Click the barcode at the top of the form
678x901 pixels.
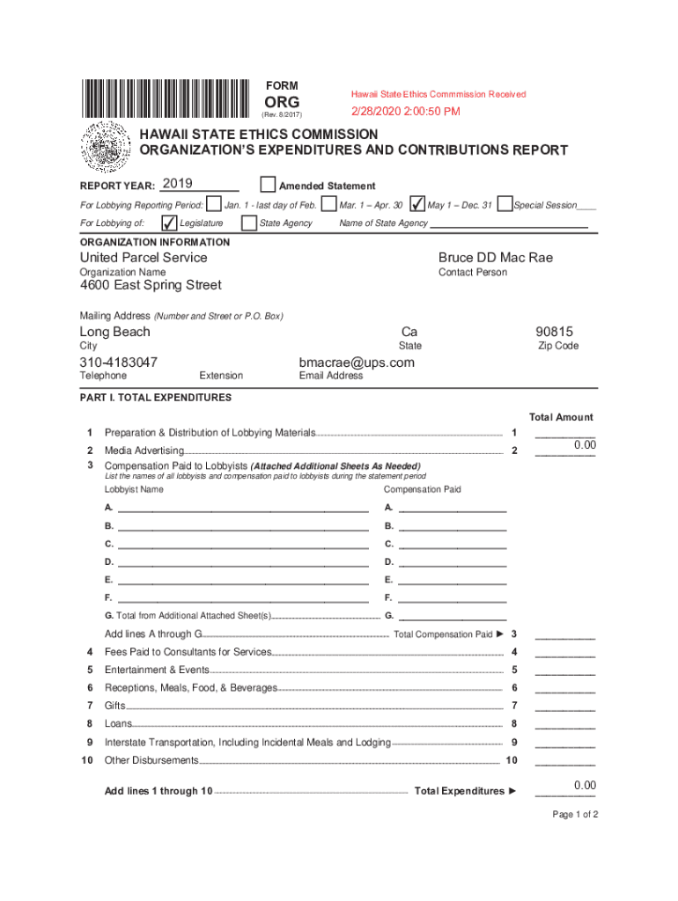click(166, 99)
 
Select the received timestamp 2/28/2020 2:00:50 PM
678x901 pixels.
click(405, 112)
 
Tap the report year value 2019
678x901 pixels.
click(178, 184)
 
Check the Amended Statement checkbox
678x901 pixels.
click(268, 185)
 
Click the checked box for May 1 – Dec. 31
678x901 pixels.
click(417, 204)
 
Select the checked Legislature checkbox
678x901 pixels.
click(169, 223)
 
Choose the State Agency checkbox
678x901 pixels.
click(250, 223)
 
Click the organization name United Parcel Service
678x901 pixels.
click(144, 258)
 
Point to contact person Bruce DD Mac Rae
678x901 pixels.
click(496, 258)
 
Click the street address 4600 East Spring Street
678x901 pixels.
click(151, 285)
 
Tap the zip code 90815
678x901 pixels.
click(554, 332)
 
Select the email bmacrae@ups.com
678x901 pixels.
click(357, 363)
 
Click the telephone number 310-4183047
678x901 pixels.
click(119, 363)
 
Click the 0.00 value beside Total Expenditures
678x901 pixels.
click(585, 785)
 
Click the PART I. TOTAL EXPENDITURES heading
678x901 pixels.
click(156, 398)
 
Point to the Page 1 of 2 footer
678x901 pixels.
click(575, 814)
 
